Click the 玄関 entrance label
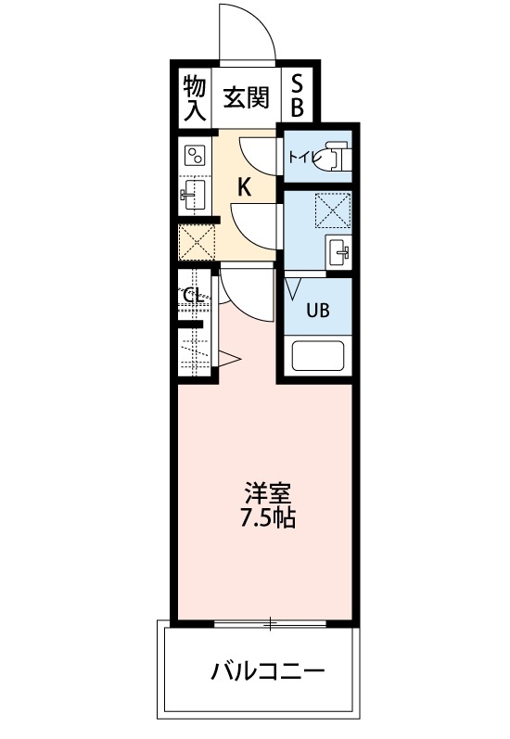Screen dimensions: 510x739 [x=246, y=98]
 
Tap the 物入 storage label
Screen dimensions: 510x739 [x=194, y=97]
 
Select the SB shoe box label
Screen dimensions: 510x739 [x=297, y=96]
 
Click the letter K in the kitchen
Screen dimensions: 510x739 [x=244, y=187]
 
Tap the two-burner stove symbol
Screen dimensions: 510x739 [x=195, y=155]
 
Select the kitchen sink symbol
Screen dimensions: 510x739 [x=193, y=194]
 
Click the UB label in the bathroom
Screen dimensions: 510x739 [x=318, y=310]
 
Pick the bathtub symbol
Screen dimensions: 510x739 [x=318, y=356]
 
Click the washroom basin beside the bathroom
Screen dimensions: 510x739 [x=338, y=251]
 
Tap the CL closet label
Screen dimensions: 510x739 [x=193, y=297]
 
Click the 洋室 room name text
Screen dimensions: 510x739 [x=267, y=493]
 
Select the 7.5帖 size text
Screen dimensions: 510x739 [x=268, y=518]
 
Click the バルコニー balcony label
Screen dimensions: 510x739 [x=268, y=670]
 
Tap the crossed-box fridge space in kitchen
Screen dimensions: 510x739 [x=197, y=242]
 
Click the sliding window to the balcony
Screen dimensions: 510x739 [x=270, y=623]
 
